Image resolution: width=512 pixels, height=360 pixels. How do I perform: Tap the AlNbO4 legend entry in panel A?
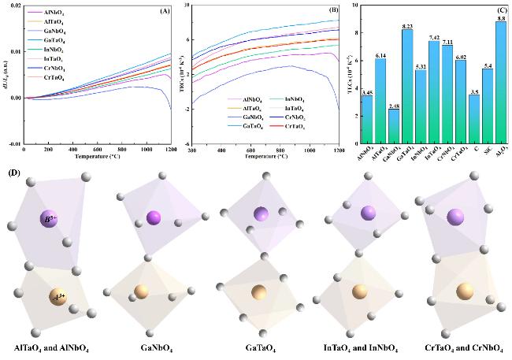pyautogui.click(x=54, y=13)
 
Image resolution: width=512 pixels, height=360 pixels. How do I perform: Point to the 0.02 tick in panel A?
pyautogui.click(x=14, y=6)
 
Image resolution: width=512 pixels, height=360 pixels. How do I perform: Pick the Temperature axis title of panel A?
pyautogui.click(x=96, y=155)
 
